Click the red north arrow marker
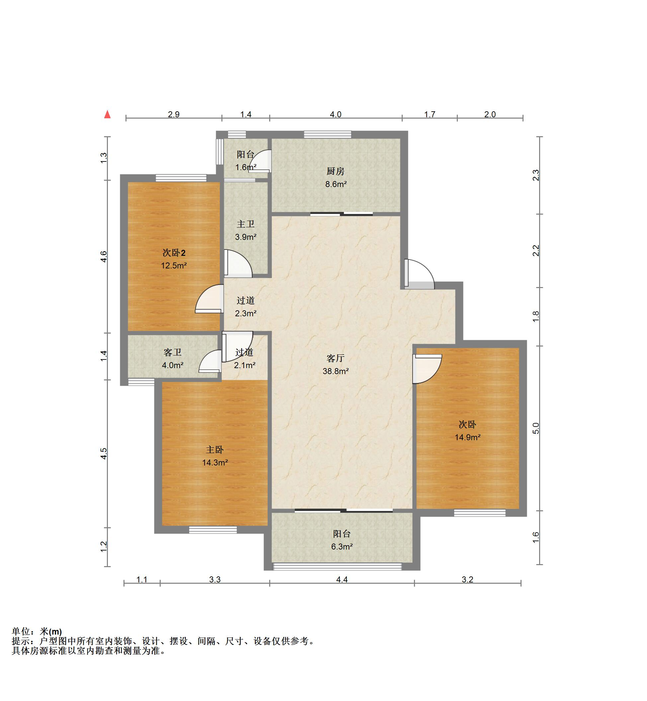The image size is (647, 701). (x=108, y=114)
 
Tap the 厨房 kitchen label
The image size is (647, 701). (x=335, y=171)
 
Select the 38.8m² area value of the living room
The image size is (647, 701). (x=335, y=371)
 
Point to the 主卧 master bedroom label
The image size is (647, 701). (x=215, y=450)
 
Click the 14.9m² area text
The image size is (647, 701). (x=467, y=437)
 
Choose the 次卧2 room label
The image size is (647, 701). (x=174, y=252)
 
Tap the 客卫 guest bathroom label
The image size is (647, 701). (x=173, y=352)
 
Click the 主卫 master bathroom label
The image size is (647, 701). (x=245, y=224)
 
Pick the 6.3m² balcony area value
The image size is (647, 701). (x=342, y=547)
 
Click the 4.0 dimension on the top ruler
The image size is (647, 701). (x=335, y=115)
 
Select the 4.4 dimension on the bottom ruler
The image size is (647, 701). (x=342, y=579)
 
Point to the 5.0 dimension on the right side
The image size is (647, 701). (x=536, y=429)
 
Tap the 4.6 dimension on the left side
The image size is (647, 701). (x=104, y=256)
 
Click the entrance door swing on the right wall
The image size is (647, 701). (x=419, y=274)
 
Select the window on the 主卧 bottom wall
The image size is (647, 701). (x=213, y=530)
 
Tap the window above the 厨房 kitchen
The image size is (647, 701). (x=327, y=134)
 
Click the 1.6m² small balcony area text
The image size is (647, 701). (x=246, y=167)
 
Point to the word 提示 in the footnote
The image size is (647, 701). (x=21, y=641)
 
